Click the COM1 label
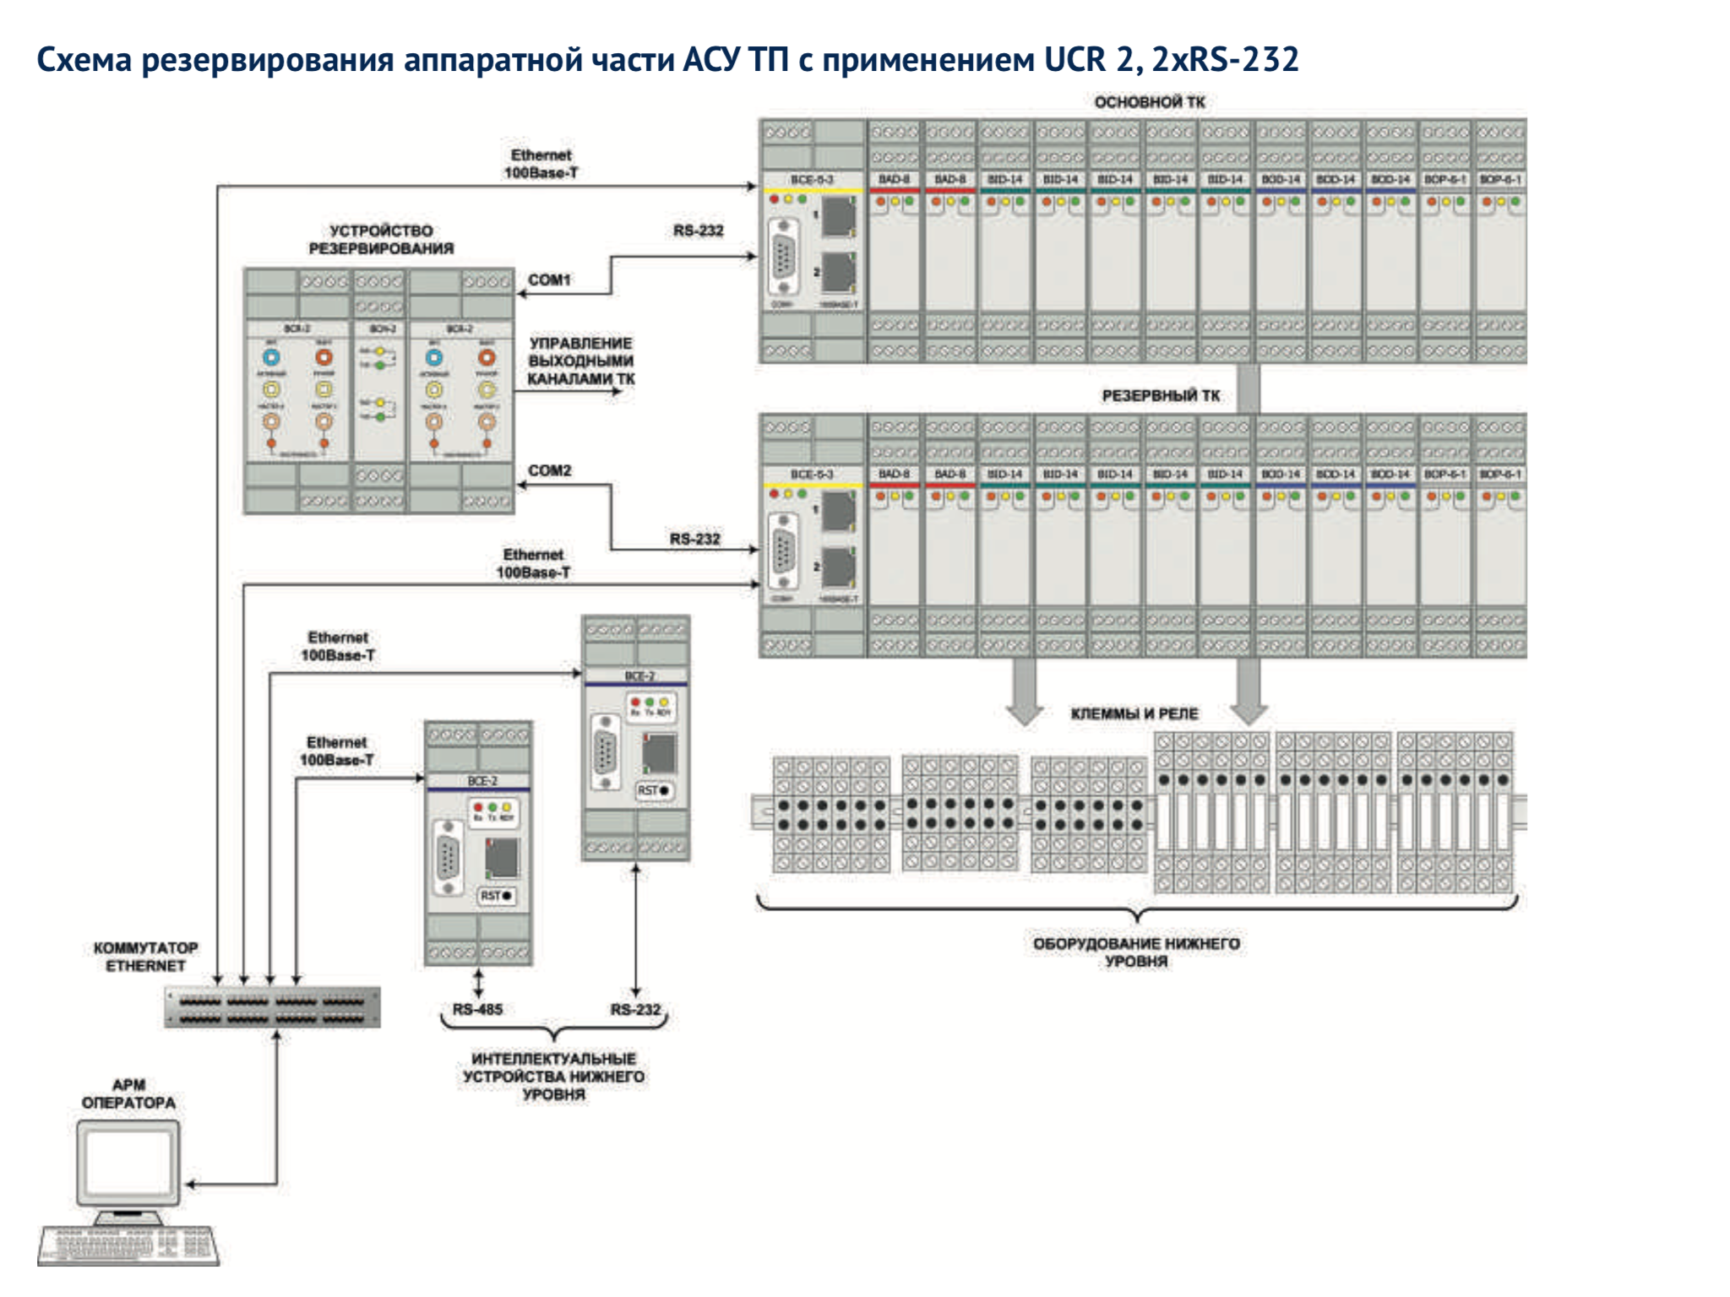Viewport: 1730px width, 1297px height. point(549,279)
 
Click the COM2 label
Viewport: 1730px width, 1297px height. point(549,470)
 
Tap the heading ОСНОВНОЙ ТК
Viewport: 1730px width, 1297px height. point(1149,102)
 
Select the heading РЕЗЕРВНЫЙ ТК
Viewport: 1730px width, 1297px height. point(1161,395)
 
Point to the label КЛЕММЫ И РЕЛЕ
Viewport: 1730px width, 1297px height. point(1134,714)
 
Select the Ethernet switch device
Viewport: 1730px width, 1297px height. point(272,1007)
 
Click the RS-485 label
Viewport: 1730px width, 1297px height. point(477,1009)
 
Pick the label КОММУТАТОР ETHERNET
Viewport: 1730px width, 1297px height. point(145,957)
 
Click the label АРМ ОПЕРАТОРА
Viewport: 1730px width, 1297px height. point(128,1093)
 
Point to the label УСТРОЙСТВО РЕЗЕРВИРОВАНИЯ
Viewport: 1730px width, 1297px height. point(381,239)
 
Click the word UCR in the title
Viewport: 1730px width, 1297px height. point(1074,59)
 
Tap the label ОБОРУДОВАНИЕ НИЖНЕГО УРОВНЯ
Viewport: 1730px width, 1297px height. point(1136,952)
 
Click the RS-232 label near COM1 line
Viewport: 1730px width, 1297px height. point(698,231)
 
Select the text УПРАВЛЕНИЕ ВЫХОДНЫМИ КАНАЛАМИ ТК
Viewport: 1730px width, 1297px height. point(581,361)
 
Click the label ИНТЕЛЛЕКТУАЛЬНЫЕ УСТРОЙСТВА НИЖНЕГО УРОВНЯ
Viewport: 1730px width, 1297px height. point(553,1076)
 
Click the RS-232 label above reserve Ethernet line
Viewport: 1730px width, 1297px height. point(694,539)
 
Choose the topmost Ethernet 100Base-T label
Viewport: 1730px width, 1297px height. point(541,164)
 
